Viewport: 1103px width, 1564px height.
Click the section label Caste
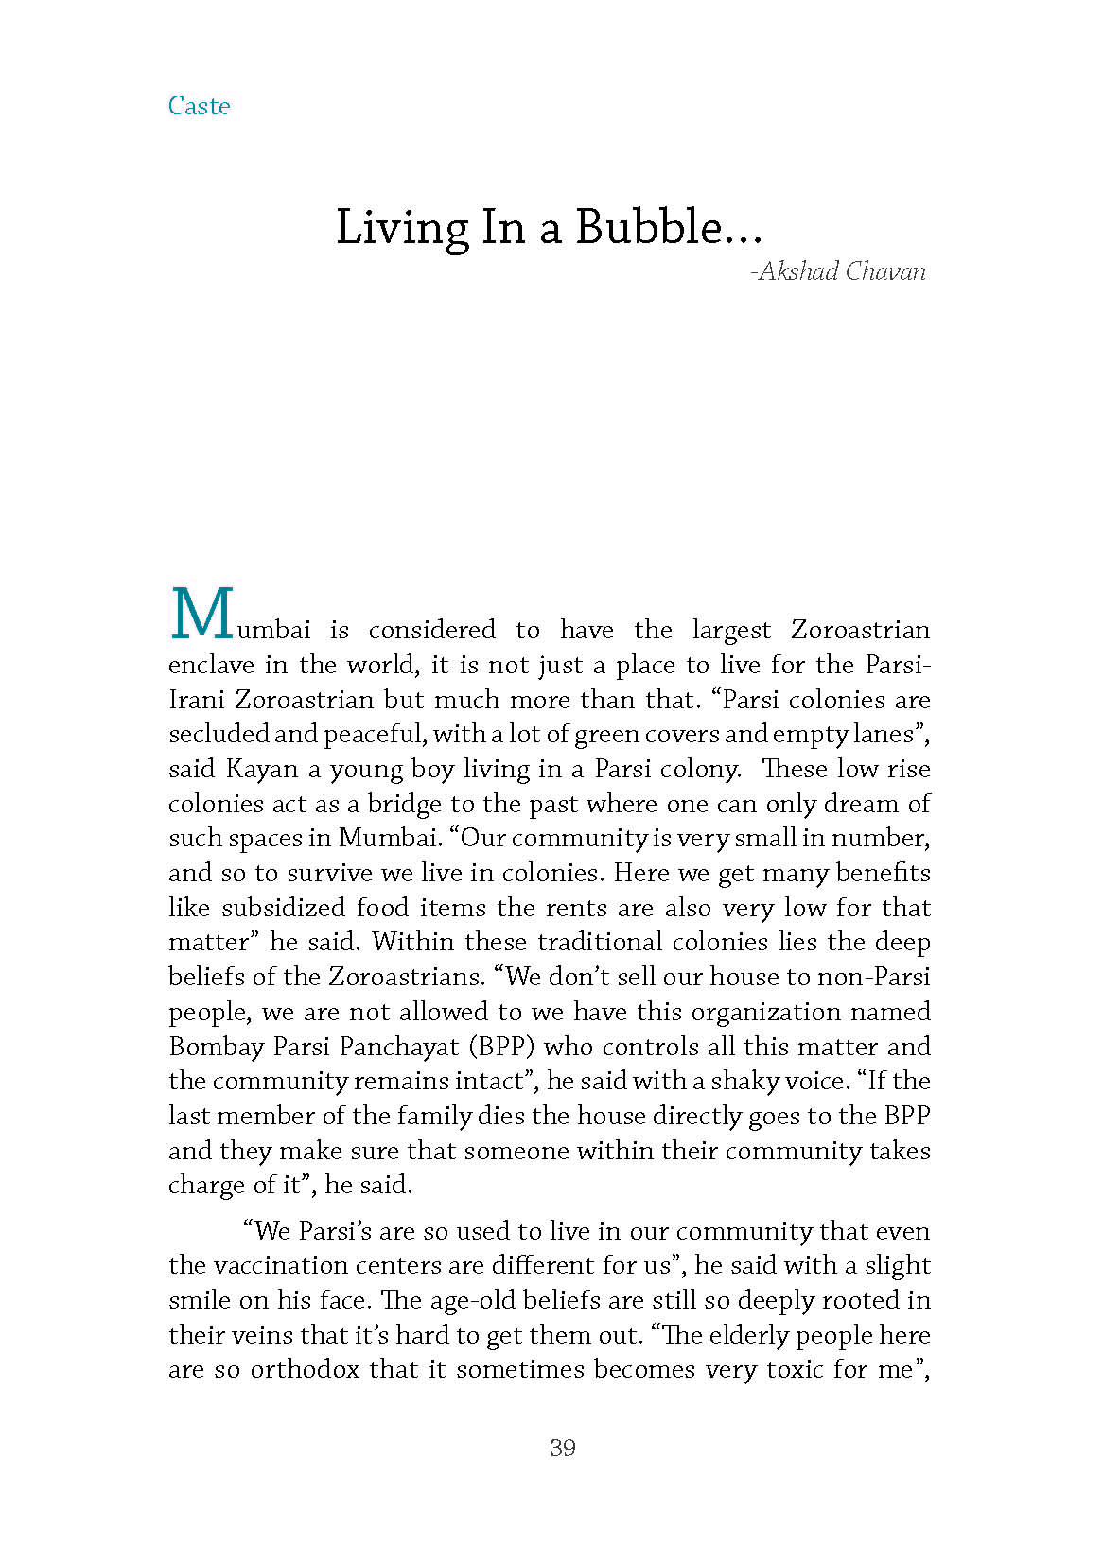coord(199,106)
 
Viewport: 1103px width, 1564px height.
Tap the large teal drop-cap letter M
coord(202,615)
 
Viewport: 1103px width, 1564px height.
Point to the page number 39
coord(562,1448)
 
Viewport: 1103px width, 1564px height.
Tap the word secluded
coord(219,734)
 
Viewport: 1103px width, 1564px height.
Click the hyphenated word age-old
coord(477,1300)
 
